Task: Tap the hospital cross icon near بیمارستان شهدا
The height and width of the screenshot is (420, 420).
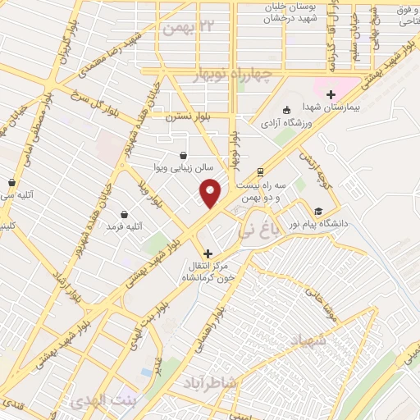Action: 331,94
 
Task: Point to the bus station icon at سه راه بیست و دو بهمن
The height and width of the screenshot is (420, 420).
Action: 260,172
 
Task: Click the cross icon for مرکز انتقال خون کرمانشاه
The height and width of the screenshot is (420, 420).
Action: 208,253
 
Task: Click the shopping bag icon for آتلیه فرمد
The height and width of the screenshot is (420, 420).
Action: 124,213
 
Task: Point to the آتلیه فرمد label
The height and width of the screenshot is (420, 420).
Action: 121,227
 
